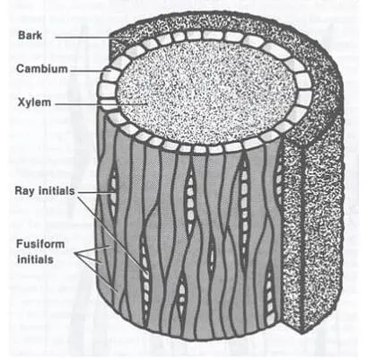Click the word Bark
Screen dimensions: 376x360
tap(30, 35)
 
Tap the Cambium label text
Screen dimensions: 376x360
tap(42, 69)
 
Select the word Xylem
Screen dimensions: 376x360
tap(34, 102)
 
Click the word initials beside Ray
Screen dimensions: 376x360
tap(57, 190)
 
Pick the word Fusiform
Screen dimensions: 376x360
tap(40, 244)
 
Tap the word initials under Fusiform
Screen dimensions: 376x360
tap(35, 259)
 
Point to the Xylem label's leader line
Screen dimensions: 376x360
tap(101, 104)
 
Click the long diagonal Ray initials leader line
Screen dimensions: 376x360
tap(113, 234)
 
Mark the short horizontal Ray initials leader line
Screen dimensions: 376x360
tap(95, 193)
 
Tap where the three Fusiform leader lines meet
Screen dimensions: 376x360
tap(76, 254)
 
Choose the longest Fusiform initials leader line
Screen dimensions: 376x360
tap(96, 273)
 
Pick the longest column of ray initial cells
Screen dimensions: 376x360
tap(245, 214)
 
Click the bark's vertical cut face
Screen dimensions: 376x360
tap(311, 227)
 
